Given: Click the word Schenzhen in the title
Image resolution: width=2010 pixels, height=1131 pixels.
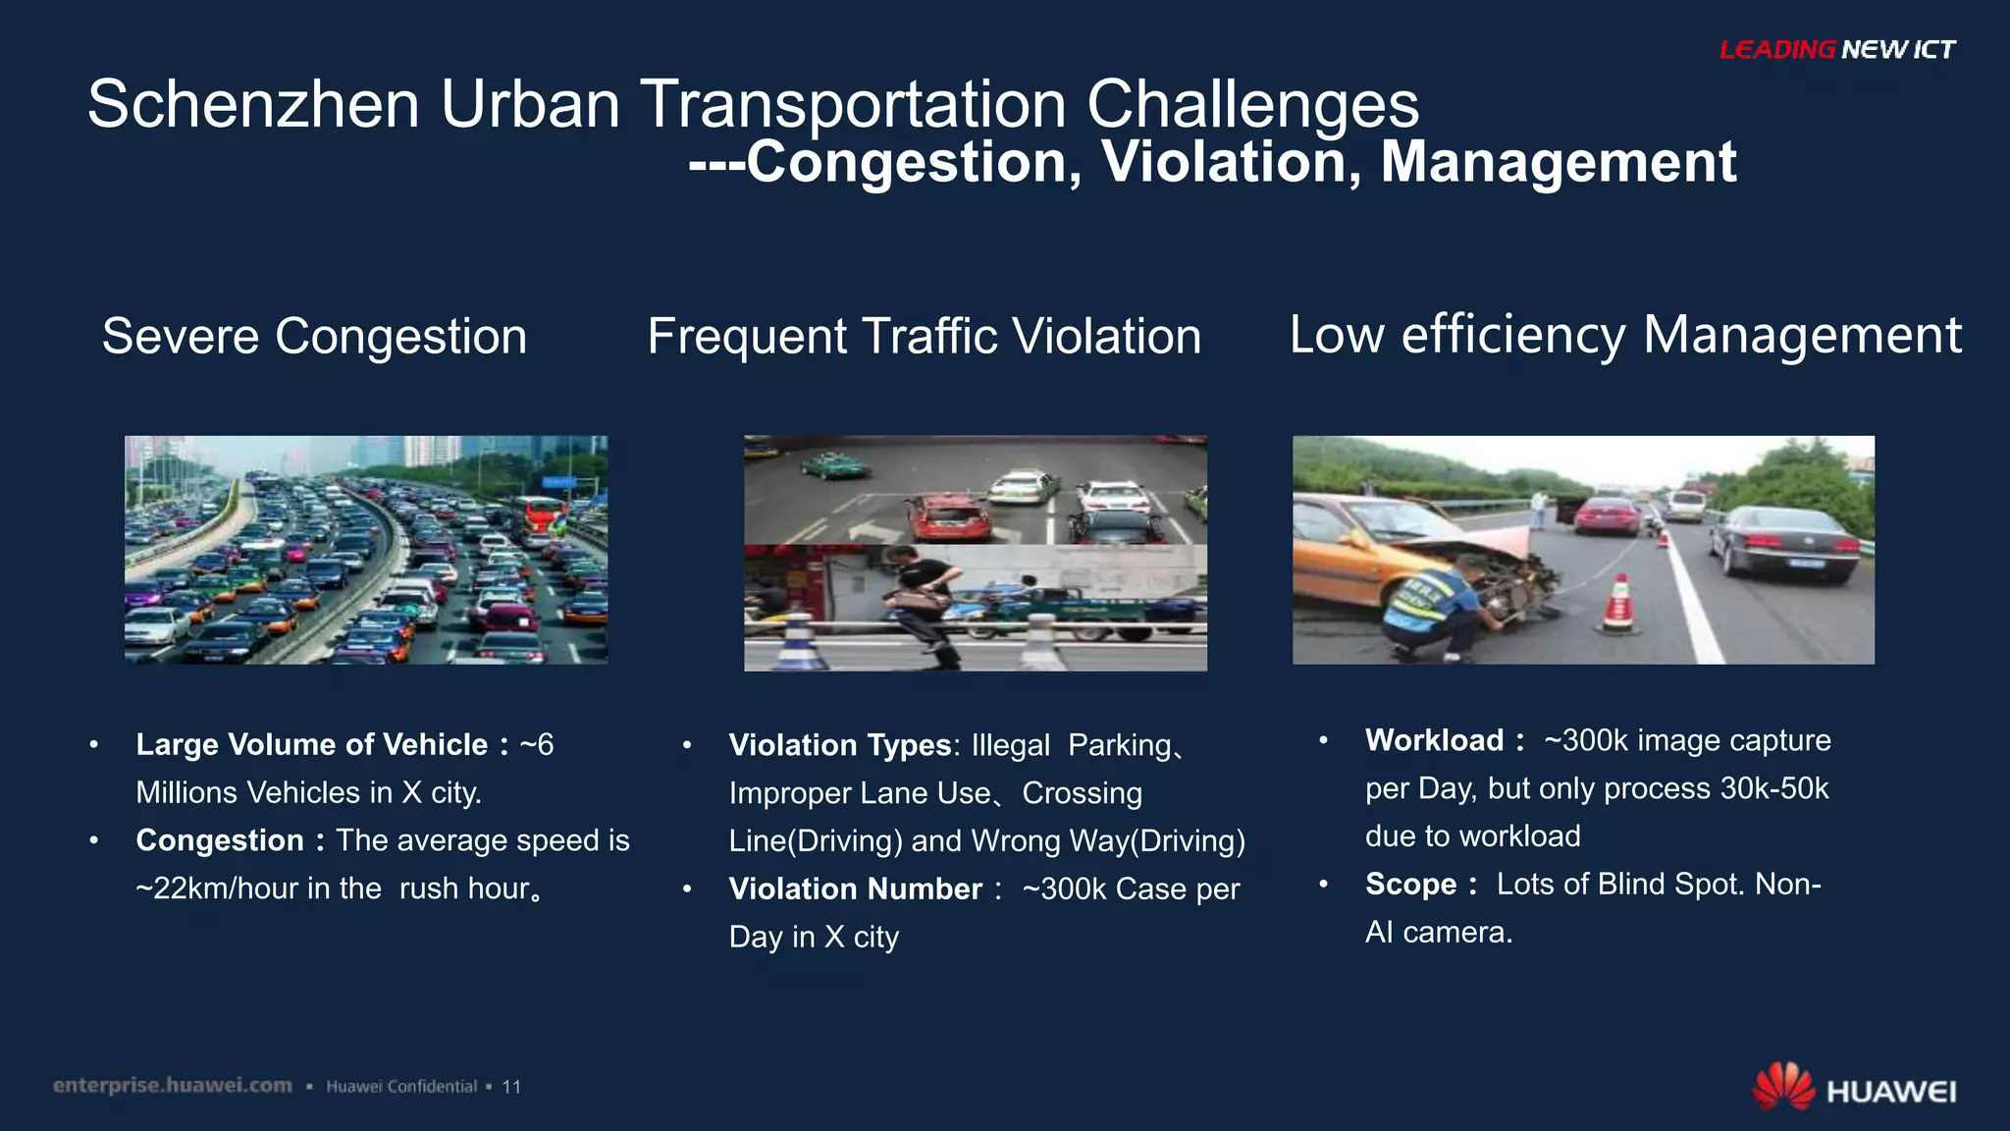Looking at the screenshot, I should (253, 104).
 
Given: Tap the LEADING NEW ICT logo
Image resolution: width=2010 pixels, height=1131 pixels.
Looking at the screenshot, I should (1836, 49).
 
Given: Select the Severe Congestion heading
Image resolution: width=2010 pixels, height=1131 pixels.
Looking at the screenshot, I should (314, 337).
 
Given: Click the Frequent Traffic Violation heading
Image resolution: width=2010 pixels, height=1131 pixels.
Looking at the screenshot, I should (924, 337).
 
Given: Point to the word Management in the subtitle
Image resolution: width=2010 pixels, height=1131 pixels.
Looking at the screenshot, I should (1558, 162).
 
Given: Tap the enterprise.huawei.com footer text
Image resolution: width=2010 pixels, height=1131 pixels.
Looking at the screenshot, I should (173, 1085).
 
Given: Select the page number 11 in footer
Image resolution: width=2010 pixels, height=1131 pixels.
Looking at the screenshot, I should (511, 1087).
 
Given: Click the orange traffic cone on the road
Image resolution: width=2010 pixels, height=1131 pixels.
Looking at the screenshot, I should (1618, 602).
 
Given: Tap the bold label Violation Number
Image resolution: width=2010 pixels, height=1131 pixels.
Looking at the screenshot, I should (855, 889).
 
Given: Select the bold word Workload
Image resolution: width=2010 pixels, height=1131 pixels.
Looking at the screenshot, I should (1434, 740).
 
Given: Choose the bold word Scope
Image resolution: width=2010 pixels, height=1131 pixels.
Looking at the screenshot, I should (1410, 884).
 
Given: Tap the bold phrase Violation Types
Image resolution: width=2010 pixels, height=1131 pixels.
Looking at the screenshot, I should (839, 745).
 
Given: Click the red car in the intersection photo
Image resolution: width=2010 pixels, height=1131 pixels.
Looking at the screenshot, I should (947, 517).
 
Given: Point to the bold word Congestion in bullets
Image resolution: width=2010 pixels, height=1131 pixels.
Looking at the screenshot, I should (220, 840).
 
